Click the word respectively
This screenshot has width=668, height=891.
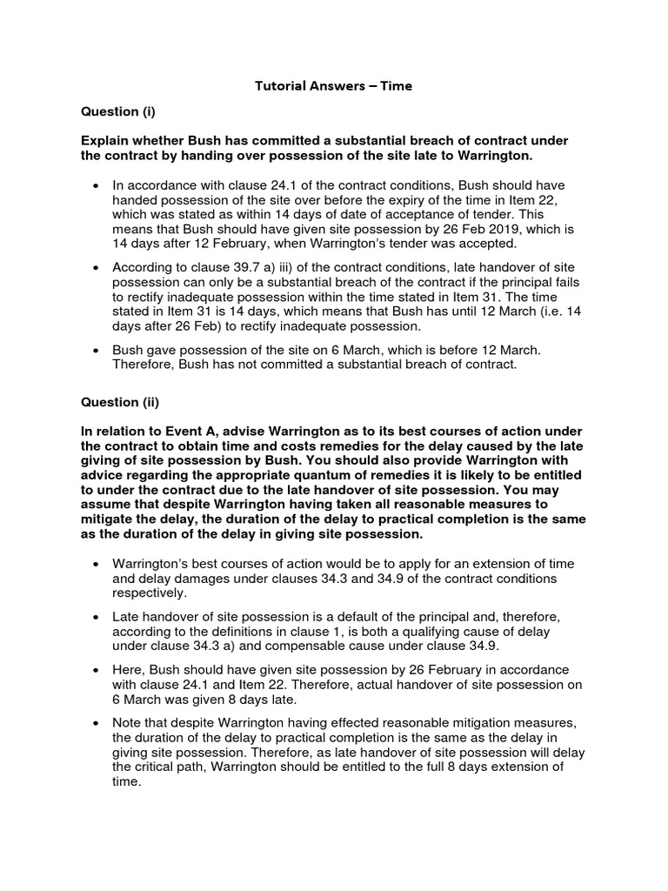point(148,593)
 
